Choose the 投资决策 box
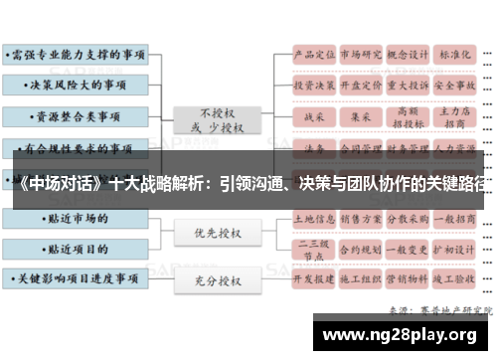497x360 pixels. [313, 86]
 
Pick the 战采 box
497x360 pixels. [313, 116]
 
